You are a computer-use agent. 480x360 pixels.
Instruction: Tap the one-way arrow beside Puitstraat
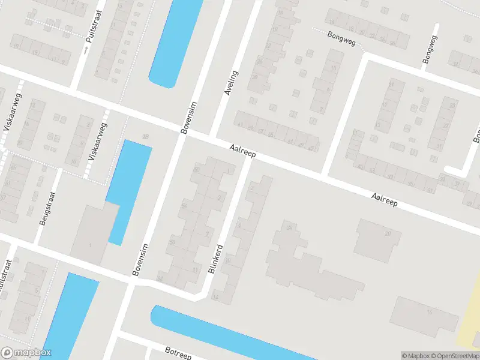[x=86, y=51]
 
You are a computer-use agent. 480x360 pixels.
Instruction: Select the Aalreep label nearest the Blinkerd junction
[x=242, y=151]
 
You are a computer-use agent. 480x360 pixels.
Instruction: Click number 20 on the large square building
[x=388, y=233]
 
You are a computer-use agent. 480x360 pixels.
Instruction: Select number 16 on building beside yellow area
[x=430, y=313]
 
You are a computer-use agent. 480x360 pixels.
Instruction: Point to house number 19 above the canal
[x=145, y=137]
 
